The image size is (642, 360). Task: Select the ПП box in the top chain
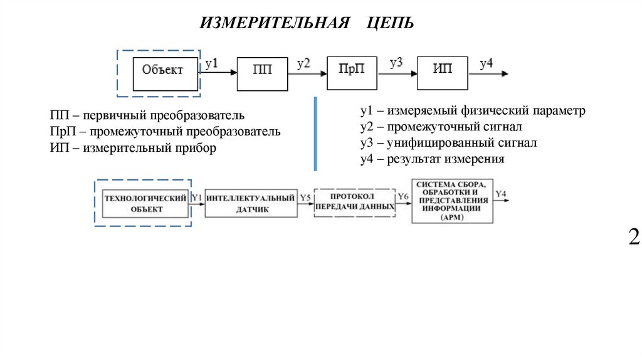pyautogui.click(x=262, y=70)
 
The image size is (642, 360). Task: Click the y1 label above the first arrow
pyautogui.click(x=212, y=63)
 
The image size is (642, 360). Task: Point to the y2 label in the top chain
pyautogui.click(x=304, y=63)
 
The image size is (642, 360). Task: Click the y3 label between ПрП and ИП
pyautogui.click(x=396, y=62)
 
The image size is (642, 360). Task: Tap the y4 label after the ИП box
pyautogui.click(x=487, y=63)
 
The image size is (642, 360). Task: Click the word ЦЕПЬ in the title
pyautogui.click(x=391, y=24)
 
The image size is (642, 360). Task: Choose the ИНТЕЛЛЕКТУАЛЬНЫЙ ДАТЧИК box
pyautogui.click(x=250, y=203)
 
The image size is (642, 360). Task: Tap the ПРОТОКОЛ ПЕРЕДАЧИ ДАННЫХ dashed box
pyautogui.click(x=355, y=201)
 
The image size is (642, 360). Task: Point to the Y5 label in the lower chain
pyautogui.click(x=305, y=198)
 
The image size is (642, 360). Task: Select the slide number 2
pyautogui.click(x=634, y=237)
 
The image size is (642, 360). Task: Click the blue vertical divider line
pyautogui.click(x=315, y=133)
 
